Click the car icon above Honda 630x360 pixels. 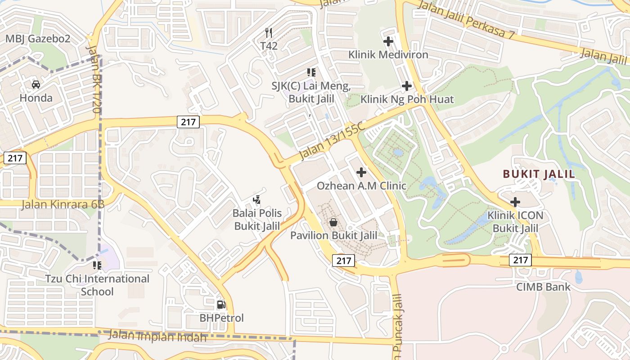click(36, 84)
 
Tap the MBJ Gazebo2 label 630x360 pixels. click(38, 39)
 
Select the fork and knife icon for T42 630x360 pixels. click(269, 32)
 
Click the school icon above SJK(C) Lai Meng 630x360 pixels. click(311, 72)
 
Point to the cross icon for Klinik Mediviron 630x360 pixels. click(388, 41)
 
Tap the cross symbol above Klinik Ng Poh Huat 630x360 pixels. click(407, 85)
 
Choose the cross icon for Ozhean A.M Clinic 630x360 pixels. click(361, 172)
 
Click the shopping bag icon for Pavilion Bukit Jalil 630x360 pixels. click(333, 222)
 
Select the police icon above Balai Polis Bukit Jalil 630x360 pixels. click(257, 199)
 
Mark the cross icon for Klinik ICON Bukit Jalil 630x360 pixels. click(515, 202)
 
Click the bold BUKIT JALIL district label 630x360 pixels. click(539, 174)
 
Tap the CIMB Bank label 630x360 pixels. click(543, 287)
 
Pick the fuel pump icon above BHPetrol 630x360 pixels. click(221, 305)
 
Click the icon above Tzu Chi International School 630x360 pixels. click(97, 265)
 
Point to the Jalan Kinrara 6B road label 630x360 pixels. click(63, 204)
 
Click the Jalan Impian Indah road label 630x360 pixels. click(158, 336)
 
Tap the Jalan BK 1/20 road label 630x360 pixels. click(93, 78)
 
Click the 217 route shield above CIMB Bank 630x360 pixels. click(521, 260)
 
